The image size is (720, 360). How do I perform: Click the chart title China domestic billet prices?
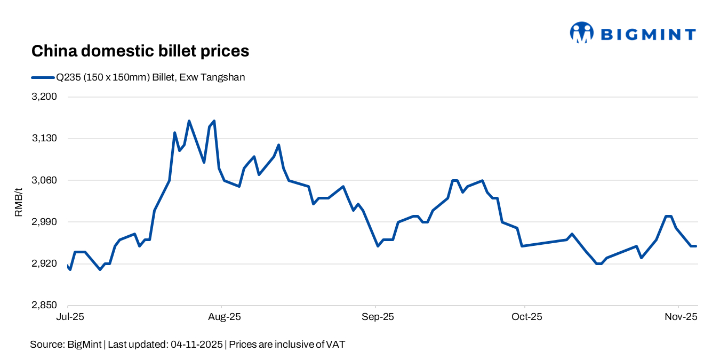pos(140,51)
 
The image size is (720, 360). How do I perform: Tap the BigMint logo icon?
pos(581,33)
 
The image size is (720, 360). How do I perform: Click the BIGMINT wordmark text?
pos(648,35)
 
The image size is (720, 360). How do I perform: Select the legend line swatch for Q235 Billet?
pos(43,77)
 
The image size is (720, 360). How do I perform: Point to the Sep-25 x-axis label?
pos(377,317)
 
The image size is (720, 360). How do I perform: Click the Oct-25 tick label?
pos(526,317)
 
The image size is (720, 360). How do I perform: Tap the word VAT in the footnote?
pos(336,345)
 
